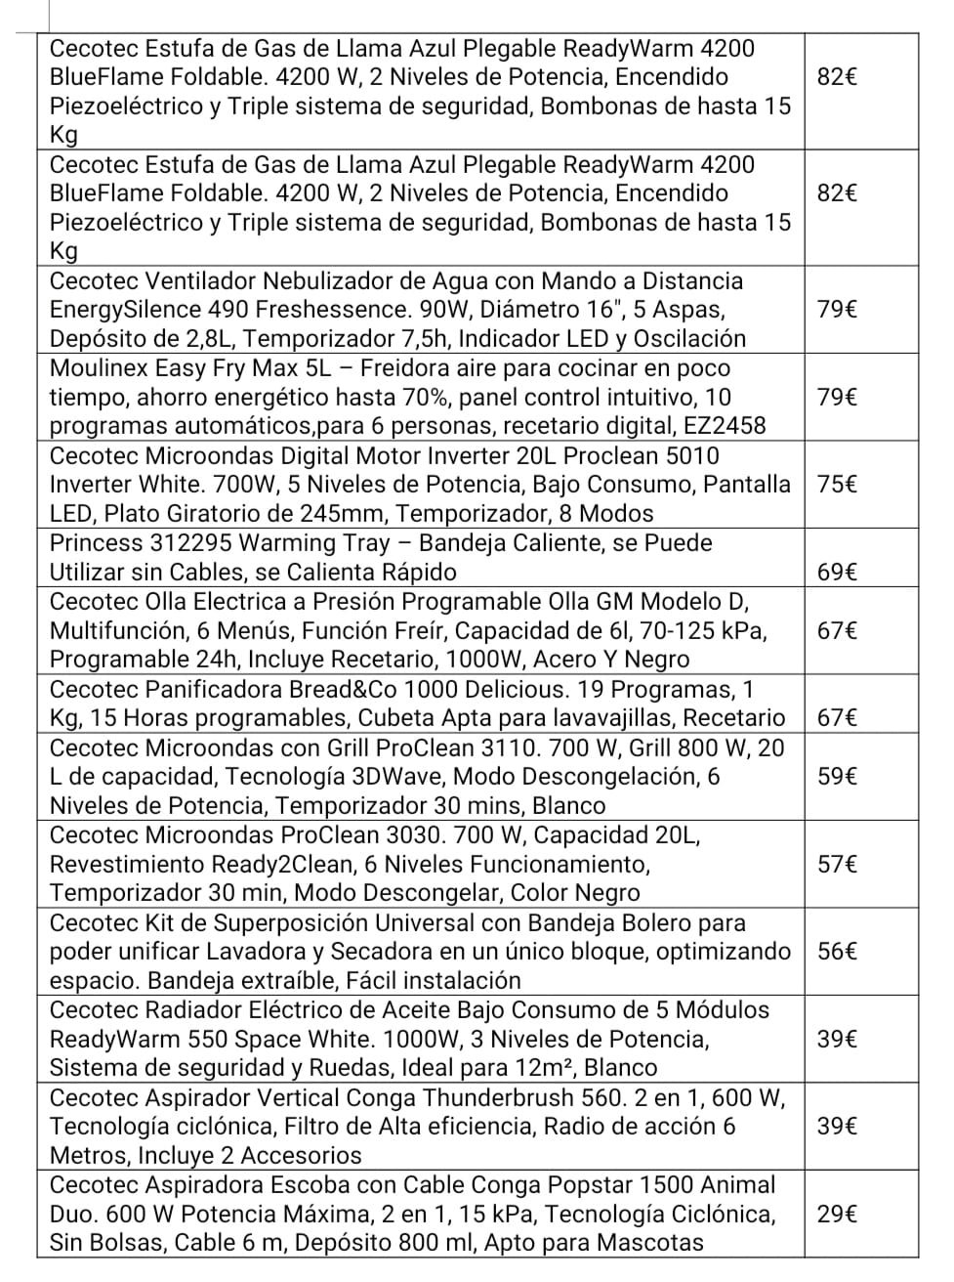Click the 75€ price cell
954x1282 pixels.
click(837, 485)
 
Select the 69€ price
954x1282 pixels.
click(837, 572)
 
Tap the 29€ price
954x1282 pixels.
click(837, 1215)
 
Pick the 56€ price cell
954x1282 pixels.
click(837, 952)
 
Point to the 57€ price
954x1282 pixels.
click(837, 864)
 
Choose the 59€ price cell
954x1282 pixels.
click(837, 777)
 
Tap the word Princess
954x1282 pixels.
click(95, 543)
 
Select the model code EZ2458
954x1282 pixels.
click(721, 426)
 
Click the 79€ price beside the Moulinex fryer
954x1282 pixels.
click(837, 398)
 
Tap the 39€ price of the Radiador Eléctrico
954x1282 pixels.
click(837, 1039)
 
